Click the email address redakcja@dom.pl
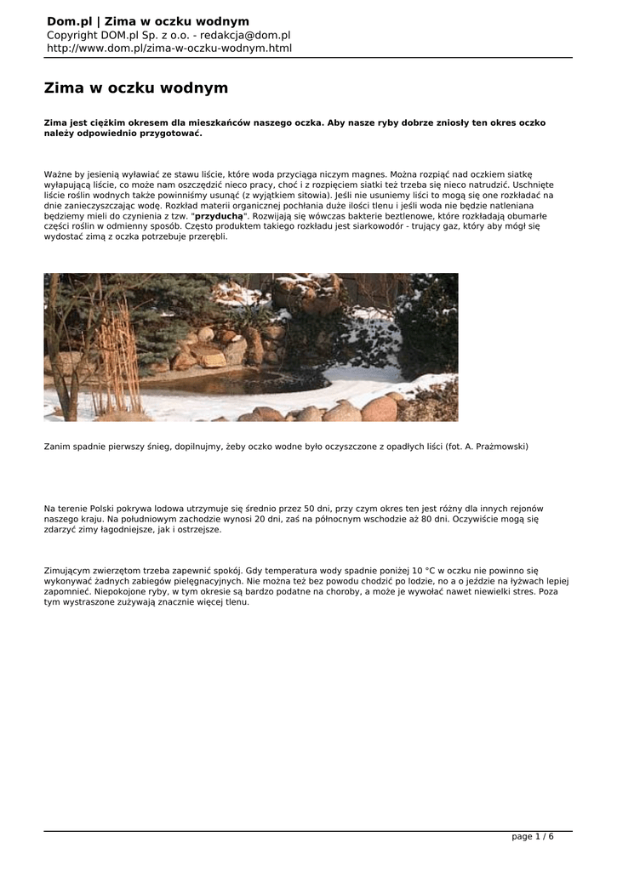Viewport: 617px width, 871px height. click(245, 35)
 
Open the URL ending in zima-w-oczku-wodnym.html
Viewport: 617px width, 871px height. click(169, 48)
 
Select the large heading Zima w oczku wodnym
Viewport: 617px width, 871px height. click(136, 88)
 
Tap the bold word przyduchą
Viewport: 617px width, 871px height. click(220, 216)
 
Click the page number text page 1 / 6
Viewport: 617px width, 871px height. click(532, 836)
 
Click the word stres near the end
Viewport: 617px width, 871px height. click(524, 591)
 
